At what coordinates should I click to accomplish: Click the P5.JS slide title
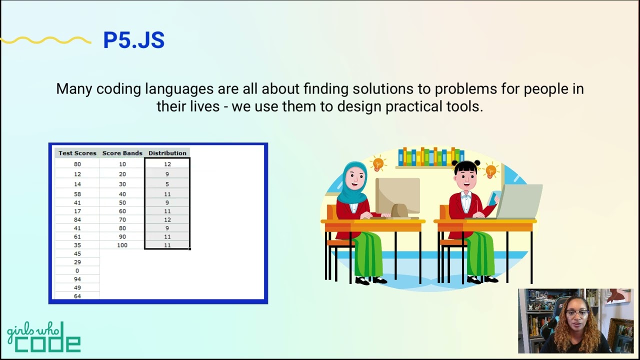pos(133,39)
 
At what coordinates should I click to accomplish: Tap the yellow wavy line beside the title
pos(45,40)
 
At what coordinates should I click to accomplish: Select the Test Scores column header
pos(77,153)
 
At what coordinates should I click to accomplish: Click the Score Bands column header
pos(122,153)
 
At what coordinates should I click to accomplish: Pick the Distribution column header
pos(167,153)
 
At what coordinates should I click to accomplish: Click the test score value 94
pos(77,279)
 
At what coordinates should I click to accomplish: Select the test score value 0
pos(77,270)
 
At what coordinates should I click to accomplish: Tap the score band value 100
pos(122,245)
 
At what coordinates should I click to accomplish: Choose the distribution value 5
pos(167,184)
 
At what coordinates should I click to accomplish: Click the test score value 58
pos(77,194)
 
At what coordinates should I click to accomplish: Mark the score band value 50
pos(122,202)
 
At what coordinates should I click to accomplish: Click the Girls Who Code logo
pos(43,337)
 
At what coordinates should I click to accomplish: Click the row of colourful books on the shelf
pos(431,156)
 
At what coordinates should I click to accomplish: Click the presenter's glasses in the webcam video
pos(577,313)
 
